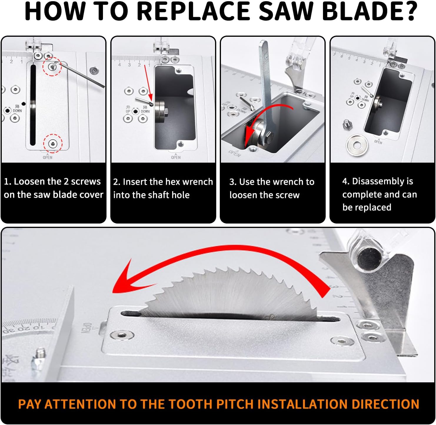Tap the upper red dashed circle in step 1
click(x=52, y=66)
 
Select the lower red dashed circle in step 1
click(x=53, y=144)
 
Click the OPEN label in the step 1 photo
click(x=47, y=157)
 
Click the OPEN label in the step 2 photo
click(x=176, y=157)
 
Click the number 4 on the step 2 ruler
click(x=119, y=65)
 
